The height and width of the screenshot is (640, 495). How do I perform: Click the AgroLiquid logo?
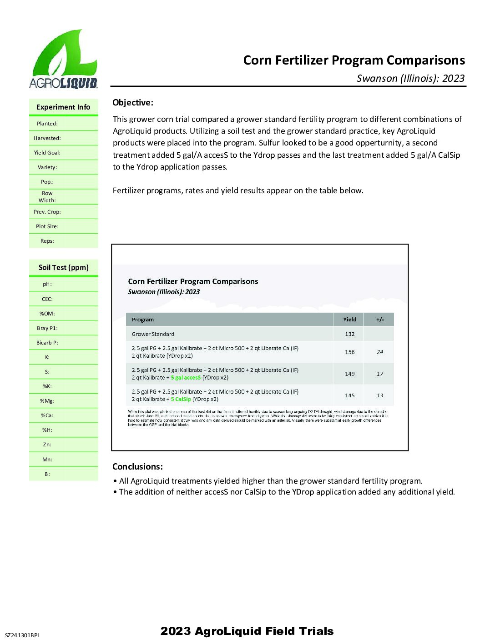pos(64,59)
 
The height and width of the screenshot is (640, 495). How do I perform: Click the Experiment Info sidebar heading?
pos(63,107)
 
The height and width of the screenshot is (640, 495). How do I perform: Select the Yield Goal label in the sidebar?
pos(47,153)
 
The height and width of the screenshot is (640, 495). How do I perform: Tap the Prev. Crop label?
pos(47,212)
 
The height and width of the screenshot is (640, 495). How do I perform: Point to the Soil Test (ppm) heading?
pos(63,268)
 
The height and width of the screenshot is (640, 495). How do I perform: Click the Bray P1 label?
pos(47,328)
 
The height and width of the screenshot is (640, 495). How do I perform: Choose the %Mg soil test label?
pos(47,401)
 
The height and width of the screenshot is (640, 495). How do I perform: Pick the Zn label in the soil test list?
pos(47,445)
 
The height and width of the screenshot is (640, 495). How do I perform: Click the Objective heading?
pos(133,103)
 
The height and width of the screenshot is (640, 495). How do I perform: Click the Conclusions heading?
pos(137,467)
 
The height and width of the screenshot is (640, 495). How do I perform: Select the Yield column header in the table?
pos(349,320)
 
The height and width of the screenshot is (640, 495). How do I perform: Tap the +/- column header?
pos(380,320)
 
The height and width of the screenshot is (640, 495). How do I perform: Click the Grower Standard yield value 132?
pos(349,334)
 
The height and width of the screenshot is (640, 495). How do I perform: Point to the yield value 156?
pos(349,352)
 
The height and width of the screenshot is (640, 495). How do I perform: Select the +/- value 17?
pos(380,374)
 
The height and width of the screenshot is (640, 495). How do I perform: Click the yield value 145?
pos(349,395)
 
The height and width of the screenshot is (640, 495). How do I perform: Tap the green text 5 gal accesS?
pos(186,378)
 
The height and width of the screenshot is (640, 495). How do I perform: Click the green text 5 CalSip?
pos(181,400)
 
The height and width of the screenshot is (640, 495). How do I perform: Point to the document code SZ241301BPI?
pos(22,635)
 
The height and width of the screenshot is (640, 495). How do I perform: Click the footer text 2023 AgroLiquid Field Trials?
pos(247,631)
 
